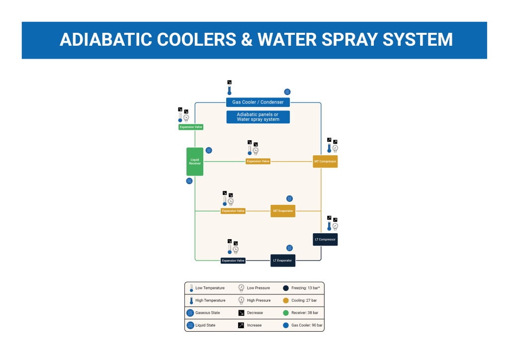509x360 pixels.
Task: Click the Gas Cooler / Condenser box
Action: pos(258,102)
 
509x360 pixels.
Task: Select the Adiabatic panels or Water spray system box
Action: pos(258,117)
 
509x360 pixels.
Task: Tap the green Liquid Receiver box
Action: pos(195,162)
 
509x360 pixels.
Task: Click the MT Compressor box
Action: pos(326,162)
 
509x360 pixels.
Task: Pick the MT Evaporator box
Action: pos(283,211)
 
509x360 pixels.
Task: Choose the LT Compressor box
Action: pos(325,239)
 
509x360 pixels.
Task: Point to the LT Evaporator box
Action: pos(283,260)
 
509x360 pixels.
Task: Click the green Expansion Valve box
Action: pos(191,127)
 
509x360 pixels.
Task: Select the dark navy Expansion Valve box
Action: pos(233,261)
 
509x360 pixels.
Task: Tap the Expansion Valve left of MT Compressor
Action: pos(258,161)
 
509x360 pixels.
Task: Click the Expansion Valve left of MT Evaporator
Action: pos(233,211)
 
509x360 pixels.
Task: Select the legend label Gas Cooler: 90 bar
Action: pos(307,325)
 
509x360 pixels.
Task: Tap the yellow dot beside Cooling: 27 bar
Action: pos(286,300)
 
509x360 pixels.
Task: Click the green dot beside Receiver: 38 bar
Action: pos(286,313)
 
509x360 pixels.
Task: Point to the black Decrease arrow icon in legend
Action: pos(241,313)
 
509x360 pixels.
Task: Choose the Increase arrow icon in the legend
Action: pos(241,325)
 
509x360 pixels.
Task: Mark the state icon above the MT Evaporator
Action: pos(289,198)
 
